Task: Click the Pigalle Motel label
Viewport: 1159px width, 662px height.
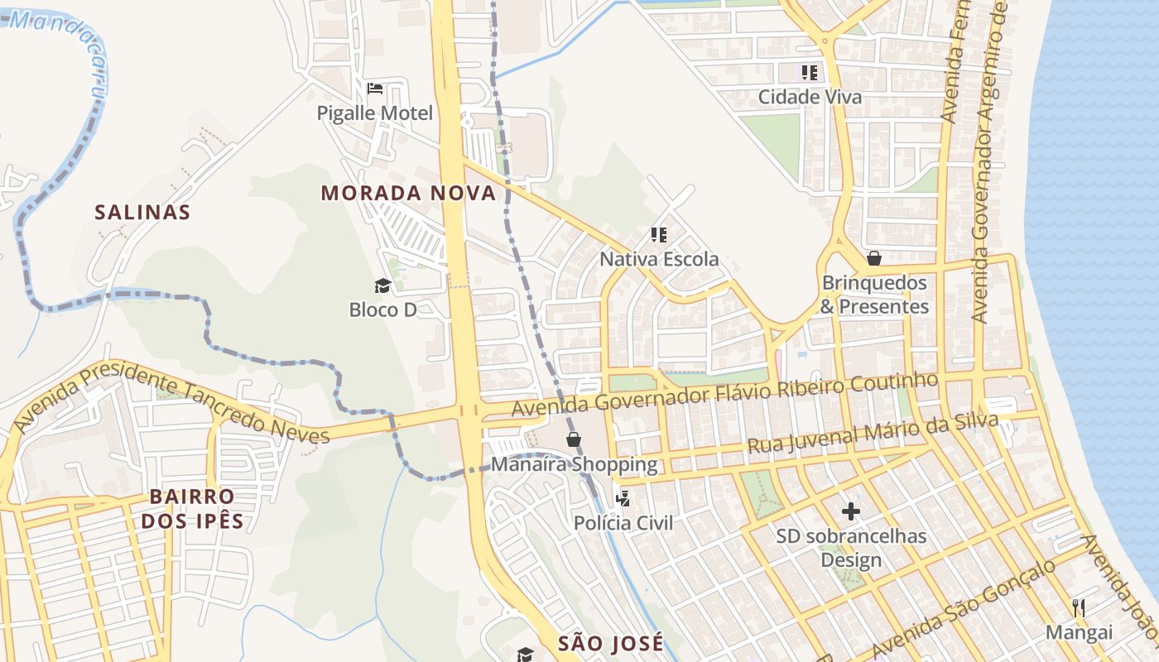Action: tap(375, 113)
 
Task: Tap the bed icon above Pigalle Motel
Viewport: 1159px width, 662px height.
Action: tap(375, 88)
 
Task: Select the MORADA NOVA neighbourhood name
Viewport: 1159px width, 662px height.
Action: tap(408, 193)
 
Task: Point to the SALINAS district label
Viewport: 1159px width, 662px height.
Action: tap(142, 212)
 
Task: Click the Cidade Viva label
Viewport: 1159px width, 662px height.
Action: tap(810, 97)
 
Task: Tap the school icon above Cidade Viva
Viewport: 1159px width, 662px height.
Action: tap(810, 72)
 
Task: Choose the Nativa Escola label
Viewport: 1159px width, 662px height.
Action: tap(659, 259)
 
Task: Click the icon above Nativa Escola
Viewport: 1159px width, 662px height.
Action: tap(659, 235)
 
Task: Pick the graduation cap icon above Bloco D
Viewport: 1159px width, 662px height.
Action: tap(382, 286)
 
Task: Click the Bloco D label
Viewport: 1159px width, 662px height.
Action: tap(382, 309)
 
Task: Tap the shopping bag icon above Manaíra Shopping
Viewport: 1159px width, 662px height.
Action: tap(574, 439)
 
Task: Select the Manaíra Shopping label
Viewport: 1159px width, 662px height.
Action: tap(575, 464)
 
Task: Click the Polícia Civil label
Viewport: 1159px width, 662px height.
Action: tap(623, 523)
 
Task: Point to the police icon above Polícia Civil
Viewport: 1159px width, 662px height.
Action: tap(623, 498)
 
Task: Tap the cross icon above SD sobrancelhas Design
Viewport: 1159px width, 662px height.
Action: tap(851, 511)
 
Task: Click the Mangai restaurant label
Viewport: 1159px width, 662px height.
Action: tap(1079, 632)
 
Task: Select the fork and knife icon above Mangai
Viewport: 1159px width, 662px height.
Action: tap(1079, 608)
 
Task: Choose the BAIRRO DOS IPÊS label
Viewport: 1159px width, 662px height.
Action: tap(192, 508)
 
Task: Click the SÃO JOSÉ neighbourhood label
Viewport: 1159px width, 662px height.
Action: tap(610, 643)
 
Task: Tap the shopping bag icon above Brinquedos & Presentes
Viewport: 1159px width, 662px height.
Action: tap(874, 259)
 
